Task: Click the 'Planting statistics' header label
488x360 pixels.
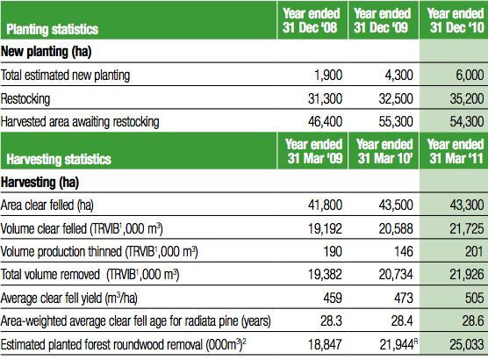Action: point(53,29)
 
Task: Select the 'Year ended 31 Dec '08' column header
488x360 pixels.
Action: point(312,20)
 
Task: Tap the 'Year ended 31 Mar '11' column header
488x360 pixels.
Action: point(456,151)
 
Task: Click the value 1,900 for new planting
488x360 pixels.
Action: point(328,75)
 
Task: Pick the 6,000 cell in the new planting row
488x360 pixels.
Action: point(470,75)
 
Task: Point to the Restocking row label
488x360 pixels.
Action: point(25,98)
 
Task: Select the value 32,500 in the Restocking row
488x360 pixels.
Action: point(396,98)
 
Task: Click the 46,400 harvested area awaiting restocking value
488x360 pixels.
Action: point(326,121)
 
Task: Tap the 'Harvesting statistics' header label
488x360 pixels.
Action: point(59,159)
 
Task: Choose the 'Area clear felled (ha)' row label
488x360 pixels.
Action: point(47,205)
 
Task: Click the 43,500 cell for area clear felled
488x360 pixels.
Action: point(396,205)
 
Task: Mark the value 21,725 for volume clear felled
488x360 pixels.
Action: point(467,228)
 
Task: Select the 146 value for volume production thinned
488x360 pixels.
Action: point(404,251)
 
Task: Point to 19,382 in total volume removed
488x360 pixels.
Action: point(326,274)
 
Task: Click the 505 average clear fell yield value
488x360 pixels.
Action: point(475,298)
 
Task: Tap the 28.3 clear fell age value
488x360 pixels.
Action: point(331,320)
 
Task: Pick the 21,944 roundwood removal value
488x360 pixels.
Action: point(397,344)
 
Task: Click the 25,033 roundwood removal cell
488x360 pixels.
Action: point(467,344)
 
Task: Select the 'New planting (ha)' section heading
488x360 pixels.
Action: point(46,52)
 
